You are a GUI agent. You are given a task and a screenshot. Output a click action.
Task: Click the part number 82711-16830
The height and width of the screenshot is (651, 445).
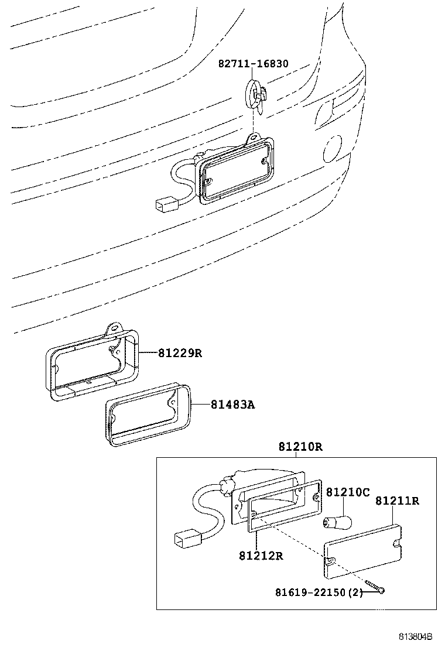point(253,64)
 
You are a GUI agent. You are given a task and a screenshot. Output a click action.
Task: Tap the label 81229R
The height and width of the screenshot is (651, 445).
point(179,353)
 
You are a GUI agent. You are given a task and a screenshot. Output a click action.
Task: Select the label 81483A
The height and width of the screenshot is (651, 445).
point(232,405)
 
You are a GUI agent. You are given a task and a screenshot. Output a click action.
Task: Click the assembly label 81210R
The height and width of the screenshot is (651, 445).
point(300,447)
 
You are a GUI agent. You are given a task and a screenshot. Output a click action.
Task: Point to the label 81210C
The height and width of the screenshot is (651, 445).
point(348,492)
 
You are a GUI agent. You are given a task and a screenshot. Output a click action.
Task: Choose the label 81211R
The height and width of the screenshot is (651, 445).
point(397,501)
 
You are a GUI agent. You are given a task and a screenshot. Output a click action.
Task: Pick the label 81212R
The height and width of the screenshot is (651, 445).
point(261,555)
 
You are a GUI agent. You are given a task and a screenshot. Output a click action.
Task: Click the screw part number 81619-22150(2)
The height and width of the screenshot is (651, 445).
point(319,593)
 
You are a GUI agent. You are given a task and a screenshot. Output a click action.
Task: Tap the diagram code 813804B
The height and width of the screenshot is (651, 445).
point(416,636)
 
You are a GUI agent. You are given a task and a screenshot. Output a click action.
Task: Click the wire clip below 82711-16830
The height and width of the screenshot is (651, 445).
point(256,96)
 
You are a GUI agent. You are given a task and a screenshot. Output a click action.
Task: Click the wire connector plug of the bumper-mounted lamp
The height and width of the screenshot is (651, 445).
point(165,205)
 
